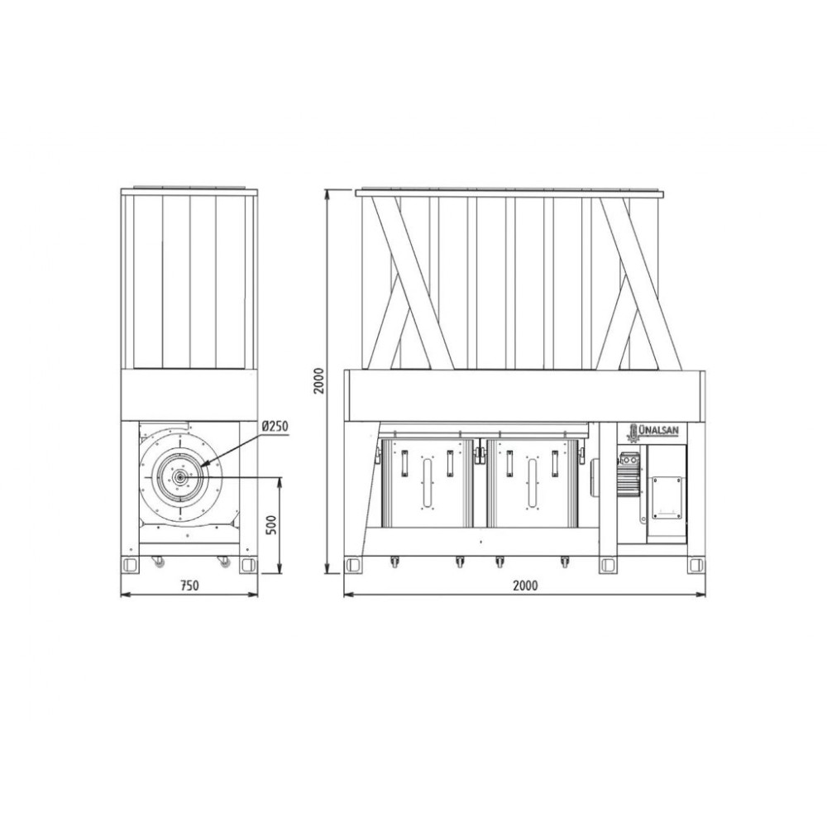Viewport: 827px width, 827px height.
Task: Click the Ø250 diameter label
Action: coord(275,426)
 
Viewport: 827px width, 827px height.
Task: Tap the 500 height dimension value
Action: coord(271,525)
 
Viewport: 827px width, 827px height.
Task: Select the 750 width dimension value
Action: coord(189,586)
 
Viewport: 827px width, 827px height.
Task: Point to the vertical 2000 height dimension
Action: coord(318,380)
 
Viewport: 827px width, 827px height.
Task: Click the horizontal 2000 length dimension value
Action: coord(525,586)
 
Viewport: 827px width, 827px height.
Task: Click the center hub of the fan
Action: coord(180,478)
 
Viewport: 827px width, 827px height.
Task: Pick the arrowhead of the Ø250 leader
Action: coord(203,463)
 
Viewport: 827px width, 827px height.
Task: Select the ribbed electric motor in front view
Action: coord(629,476)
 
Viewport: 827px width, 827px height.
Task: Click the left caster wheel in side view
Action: coord(157,562)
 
